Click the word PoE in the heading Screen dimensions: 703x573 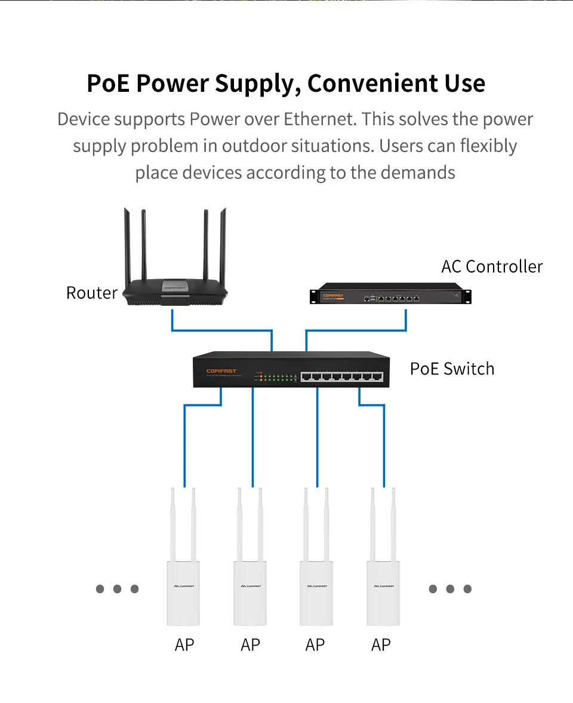pos(108,83)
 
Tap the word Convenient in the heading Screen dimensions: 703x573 pos(372,83)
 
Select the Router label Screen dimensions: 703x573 pos(92,293)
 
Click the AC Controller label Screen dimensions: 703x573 pos(492,267)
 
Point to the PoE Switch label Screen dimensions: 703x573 pos(452,368)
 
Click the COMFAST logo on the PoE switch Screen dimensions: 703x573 pos(221,371)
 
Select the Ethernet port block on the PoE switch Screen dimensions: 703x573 pos(341,376)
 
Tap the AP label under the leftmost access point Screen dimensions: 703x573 pos(184,645)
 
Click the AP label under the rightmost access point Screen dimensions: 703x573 pos(381,645)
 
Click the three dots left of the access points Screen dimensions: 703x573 pos(117,589)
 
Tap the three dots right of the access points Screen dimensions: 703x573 pos(450,589)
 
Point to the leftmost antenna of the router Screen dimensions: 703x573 pos(127,244)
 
